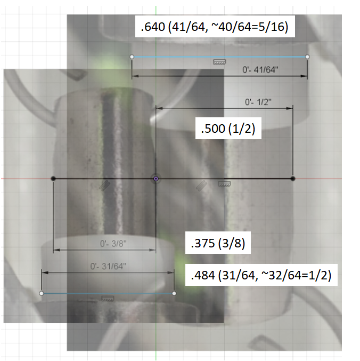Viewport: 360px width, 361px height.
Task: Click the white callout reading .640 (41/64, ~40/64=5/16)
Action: [x=215, y=27]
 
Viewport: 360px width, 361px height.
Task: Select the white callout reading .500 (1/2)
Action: [x=228, y=128]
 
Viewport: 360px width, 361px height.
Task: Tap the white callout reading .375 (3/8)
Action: [x=218, y=243]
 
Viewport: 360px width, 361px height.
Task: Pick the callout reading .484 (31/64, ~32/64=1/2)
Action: [x=261, y=275]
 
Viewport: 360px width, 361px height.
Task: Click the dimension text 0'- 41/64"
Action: [x=260, y=69]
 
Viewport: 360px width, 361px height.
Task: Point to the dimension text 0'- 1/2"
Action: [x=258, y=102]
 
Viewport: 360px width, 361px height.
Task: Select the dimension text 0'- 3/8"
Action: [x=113, y=244]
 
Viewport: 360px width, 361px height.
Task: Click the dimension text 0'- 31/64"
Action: [x=108, y=267]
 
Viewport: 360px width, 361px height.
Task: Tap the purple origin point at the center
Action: [x=156, y=179]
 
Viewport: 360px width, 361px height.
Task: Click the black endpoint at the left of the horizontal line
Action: [x=53, y=179]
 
